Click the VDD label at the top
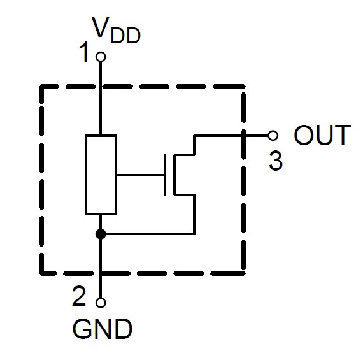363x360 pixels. [x=116, y=30]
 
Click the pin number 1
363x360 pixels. [x=84, y=52]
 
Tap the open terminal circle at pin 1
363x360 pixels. [x=101, y=57]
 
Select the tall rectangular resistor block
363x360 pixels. [x=101, y=175]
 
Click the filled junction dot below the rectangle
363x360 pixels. [x=101, y=234]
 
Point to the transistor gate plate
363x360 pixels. [x=164, y=175]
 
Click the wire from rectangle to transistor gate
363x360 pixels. [x=140, y=175]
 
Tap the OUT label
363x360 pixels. [x=322, y=135]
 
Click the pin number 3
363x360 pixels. [x=276, y=161]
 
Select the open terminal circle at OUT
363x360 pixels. [x=273, y=135]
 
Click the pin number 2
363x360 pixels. [x=79, y=296]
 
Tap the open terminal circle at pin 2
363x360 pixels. [x=101, y=303]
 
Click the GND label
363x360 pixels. [x=103, y=329]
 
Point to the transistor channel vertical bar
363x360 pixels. [x=174, y=175]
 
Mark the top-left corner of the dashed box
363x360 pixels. [x=41, y=87]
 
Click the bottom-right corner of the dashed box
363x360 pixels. [x=243, y=273]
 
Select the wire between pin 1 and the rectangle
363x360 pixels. [x=101, y=98]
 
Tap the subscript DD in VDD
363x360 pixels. [x=125, y=36]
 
